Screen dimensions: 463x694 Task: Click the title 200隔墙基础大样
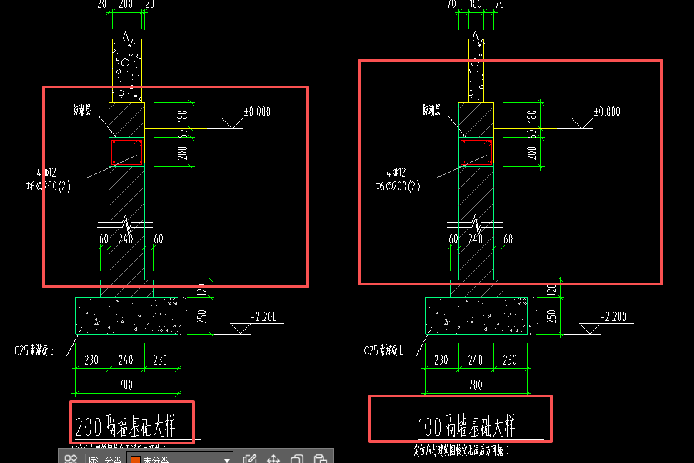pos(134,426)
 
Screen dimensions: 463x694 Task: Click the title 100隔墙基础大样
pos(466,426)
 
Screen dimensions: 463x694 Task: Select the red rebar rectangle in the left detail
pos(126,153)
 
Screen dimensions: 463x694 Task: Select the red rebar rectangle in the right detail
pos(476,153)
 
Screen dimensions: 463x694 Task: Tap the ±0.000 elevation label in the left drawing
pos(257,112)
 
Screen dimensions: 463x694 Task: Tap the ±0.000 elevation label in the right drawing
pos(607,112)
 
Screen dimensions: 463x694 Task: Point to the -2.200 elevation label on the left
pos(264,317)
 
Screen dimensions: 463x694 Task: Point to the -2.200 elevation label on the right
pos(614,317)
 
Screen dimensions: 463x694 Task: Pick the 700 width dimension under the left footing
pos(126,385)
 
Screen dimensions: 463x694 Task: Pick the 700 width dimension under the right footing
pos(476,385)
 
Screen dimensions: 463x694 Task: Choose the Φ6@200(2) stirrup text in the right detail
pos(397,186)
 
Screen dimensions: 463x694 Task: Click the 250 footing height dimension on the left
pos(201,315)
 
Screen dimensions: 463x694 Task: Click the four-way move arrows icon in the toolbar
pos(273,459)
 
